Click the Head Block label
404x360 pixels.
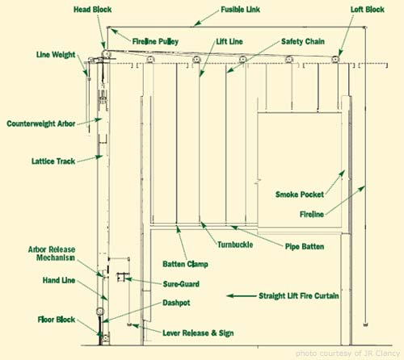[x=92, y=10]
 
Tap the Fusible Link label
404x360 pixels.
[x=240, y=10]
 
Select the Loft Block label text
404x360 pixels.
[x=368, y=10]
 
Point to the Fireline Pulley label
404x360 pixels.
[x=155, y=41]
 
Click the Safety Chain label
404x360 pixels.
[x=303, y=41]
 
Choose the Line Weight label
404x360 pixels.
[x=56, y=55]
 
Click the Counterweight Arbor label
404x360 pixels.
[x=41, y=123]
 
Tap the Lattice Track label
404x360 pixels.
[x=53, y=161]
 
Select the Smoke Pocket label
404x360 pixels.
[x=300, y=195]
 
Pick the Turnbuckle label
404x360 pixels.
[x=235, y=245]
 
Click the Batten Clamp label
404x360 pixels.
[x=185, y=264]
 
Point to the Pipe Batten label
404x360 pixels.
[x=305, y=246]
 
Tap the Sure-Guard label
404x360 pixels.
[x=181, y=284]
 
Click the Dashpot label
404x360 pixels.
[x=176, y=303]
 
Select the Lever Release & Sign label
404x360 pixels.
[x=198, y=333]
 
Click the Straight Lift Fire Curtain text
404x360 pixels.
[x=299, y=296]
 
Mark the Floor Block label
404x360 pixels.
[x=57, y=320]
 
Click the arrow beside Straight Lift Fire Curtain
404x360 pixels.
[x=242, y=296]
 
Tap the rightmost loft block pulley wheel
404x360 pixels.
[x=335, y=59]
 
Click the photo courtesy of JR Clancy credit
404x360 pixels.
[x=347, y=354]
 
